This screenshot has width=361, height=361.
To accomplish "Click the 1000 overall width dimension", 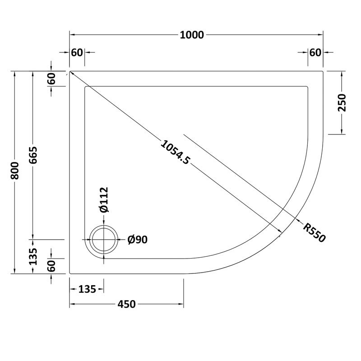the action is [x=192, y=35].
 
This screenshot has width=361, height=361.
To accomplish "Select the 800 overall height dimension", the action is [x=15, y=171].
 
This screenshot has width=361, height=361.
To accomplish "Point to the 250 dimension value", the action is [x=342, y=103].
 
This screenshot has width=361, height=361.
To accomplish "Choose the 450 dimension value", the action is [x=127, y=304].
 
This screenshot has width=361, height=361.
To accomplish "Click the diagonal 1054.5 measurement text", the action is [x=176, y=152].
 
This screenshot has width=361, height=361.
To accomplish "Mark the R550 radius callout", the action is [x=314, y=232].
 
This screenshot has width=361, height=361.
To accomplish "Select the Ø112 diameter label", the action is [x=104, y=199].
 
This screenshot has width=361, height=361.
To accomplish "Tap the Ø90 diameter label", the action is [x=138, y=240].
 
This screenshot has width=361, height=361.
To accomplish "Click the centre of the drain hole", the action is [x=104, y=240].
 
